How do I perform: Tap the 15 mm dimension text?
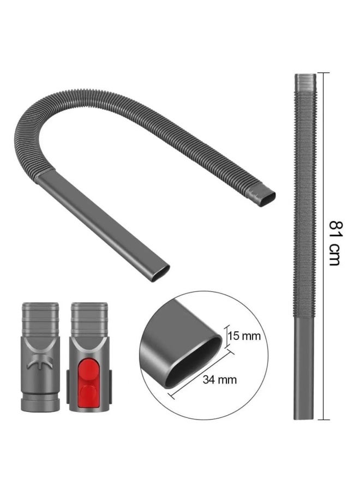coord(244,336)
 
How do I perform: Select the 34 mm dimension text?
coord(219,380)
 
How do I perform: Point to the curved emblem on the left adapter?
coord(40,363)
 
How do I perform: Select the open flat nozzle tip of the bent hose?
coord(160,273)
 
